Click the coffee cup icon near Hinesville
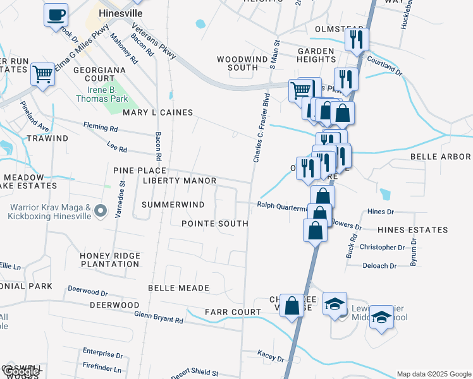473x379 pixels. [x=56, y=15]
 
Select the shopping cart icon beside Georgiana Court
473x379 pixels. [x=42, y=74]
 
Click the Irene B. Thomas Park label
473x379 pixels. [x=102, y=94]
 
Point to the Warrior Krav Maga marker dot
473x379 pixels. [x=100, y=211]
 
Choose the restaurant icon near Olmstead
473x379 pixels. [x=357, y=39]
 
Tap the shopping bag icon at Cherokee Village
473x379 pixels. [x=292, y=306]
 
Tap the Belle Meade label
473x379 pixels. [x=178, y=288]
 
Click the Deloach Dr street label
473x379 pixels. [x=379, y=266]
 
